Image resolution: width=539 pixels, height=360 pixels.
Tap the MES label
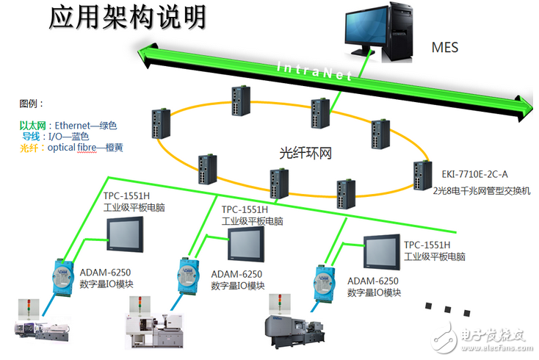pyautogui.click(x=445, y=48)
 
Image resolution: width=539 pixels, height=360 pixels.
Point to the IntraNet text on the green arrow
pyautogui.click(x=315, y=71)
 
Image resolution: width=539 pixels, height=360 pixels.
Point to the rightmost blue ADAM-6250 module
pyautogui.click(x=324, y=281)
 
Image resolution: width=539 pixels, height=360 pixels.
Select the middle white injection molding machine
pyautogui.click(x=157, y=329)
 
